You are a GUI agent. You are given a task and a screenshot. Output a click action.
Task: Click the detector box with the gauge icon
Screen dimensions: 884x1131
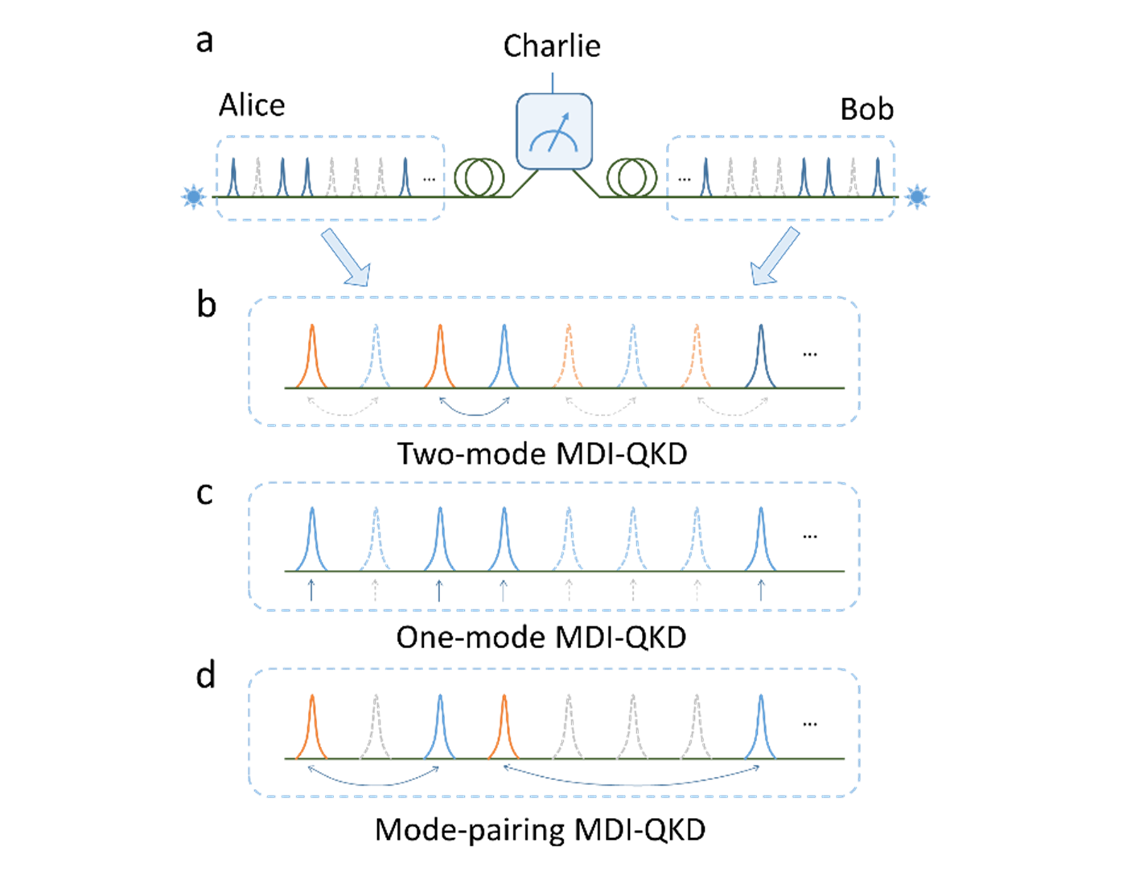[x=553, y=132]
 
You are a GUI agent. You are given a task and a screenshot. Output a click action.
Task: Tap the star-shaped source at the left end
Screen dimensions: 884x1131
[x=193, y=196]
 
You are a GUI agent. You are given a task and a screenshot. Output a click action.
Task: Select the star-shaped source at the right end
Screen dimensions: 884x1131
[x=916, y=196]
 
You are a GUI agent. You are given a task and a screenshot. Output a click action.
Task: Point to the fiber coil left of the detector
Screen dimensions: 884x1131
[x=479, y=177]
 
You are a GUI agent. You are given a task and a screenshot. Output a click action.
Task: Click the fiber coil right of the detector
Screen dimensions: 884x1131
[x=631, y=177]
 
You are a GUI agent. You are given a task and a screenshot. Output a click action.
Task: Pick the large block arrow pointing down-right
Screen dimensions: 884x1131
[x=346, y=257]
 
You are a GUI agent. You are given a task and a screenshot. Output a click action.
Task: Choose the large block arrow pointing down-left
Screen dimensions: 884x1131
[x=775, y=256]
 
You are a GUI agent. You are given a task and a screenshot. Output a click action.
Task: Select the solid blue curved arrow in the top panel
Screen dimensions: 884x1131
[x=474, y=409]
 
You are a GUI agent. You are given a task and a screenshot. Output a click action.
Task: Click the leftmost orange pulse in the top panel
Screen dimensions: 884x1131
[x=311, y=358]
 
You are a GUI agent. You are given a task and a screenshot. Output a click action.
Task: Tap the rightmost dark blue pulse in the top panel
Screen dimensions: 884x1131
[x=761, y=358]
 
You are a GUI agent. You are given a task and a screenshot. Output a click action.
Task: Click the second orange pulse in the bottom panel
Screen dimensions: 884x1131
[x=504, y=729]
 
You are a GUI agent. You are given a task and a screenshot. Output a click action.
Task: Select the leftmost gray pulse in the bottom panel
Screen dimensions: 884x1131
[x=375, y=729]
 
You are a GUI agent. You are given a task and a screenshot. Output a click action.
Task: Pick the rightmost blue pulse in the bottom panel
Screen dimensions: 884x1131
[x=761, y=729]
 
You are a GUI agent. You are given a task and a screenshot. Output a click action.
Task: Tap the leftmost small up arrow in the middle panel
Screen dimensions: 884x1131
[x=311, y=590]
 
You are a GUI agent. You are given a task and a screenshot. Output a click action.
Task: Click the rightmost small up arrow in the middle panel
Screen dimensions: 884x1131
[x=761, y=590]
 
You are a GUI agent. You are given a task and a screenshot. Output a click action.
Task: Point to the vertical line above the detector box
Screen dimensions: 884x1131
[x=553, y=82]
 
